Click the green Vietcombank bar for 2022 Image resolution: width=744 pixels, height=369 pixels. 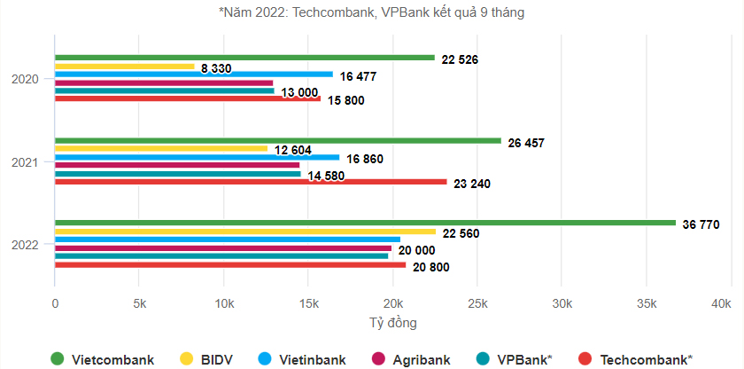click(x=365, y=223)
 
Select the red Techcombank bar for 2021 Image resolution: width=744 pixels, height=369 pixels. click(x=251, y=182)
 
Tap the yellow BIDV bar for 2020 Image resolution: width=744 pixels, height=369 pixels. click(x=124, y=67)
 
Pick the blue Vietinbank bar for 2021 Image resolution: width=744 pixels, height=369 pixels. click(x=197, y=157)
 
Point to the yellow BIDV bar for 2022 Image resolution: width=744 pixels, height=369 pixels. click(x=245, y=232)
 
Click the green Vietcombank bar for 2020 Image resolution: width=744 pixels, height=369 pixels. click(x=244, y=58)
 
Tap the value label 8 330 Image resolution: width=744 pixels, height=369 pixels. click(x=216, y=68)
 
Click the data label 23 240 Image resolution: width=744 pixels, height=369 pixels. click(x=474, y=184)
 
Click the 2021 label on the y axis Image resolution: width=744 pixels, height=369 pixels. click(x=25, y=161)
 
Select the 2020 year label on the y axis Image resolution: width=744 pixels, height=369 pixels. click(x=25, y=79)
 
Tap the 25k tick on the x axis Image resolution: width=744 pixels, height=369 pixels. click(x=477, y=304)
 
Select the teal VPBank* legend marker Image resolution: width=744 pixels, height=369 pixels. click(x=481, y=359)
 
